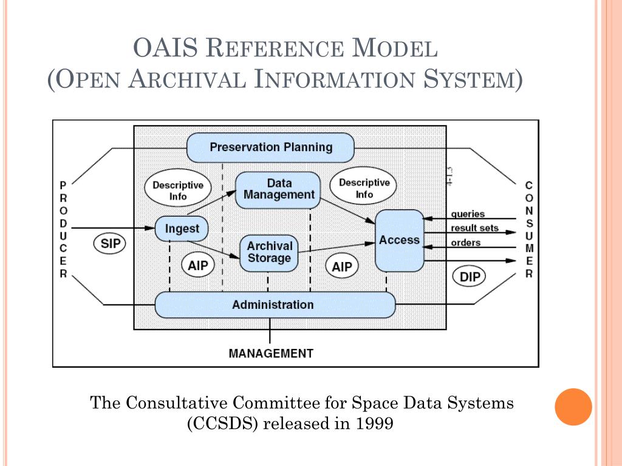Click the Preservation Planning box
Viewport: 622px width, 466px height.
point(270,147)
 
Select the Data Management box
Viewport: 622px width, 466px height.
point(278,189)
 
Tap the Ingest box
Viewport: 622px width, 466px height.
point(182,229)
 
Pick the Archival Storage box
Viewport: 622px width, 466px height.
point(269,252)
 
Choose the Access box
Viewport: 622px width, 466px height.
point(399,240)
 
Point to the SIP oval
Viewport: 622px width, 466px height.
point(110,244)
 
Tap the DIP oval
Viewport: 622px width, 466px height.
point(470,277)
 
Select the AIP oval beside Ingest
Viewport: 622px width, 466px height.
point(197,266)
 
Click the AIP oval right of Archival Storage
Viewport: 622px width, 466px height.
point(342,266)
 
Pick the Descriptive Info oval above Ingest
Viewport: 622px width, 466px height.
point(177,191)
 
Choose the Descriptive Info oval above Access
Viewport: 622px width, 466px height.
point(364,188)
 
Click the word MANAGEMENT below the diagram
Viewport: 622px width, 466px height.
point(271,353)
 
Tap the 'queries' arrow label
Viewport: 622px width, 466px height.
point(468,214)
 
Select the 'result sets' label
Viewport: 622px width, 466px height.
point(474,228)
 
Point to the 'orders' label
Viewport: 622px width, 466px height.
point(465,243)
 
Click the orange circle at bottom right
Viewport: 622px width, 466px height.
point(573,407)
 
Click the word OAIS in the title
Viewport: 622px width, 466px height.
point(165,48)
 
